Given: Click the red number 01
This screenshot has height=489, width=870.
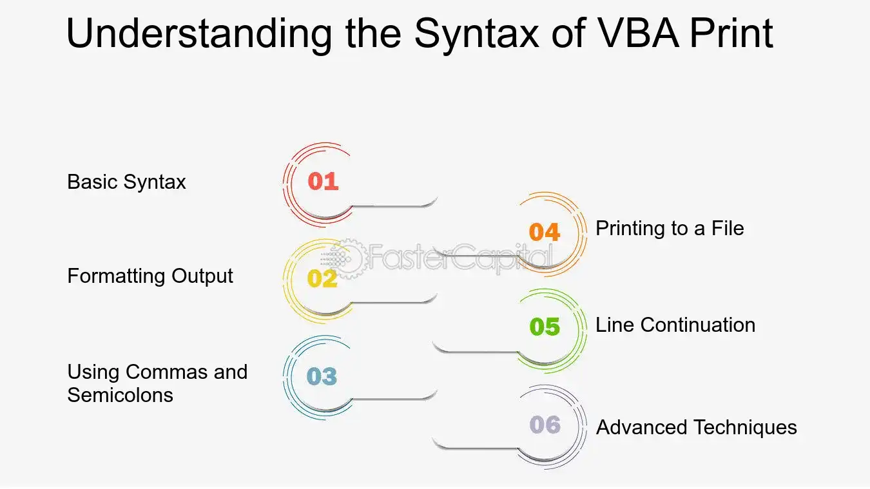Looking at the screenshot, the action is coord(323,182).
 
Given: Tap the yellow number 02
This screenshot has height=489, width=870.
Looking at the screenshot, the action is coord(322,278).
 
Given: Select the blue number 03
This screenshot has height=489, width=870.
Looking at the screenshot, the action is coord(322,376).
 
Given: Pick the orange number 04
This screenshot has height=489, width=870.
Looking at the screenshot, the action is coord(544,232).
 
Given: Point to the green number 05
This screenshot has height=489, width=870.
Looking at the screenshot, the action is coord(545,326).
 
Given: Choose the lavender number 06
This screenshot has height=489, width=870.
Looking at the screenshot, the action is coord(545,425).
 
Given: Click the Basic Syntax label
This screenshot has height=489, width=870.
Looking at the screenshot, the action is coord(126,182).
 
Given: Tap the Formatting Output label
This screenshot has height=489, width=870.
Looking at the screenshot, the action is coord(150,276).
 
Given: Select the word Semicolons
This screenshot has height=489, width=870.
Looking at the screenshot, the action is coord(120,395).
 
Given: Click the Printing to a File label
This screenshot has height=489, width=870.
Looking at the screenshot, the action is coord(670,228).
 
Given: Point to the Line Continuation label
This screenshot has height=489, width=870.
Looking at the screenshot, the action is coord(675,325).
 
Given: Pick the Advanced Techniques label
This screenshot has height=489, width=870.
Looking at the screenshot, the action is coord(697,427).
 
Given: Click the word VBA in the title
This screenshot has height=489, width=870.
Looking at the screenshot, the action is coord(638,33).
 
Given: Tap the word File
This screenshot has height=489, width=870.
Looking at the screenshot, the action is coord(728,228).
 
